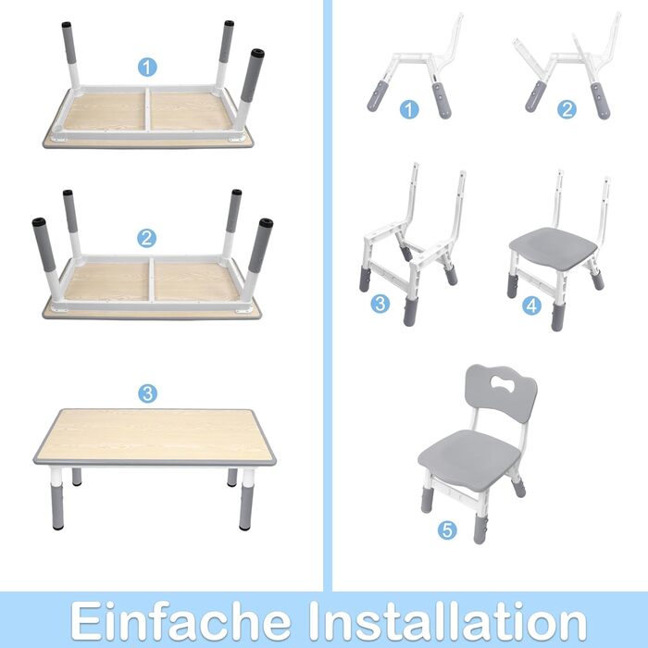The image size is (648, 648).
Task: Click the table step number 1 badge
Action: tap(147, 67)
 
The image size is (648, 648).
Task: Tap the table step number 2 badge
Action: tap(146, 238)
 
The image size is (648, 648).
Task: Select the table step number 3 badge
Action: tap(147, 393)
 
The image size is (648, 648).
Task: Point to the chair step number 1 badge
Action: tap(409, 109)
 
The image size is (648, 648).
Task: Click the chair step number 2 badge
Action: tap(567, 109)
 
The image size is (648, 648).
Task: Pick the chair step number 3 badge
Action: tap(380, 304)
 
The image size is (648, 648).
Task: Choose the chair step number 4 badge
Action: tap(531, 305)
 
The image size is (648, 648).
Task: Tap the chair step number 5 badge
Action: tap(447, 530)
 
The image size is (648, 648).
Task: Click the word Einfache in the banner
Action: tap(181, 621)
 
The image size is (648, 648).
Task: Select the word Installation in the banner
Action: tap(447, 621)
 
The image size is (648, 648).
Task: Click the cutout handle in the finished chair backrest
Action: tap(503, 384)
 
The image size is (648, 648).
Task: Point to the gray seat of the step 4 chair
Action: tap(553, 246)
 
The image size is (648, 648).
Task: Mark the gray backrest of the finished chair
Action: tap(501, 393)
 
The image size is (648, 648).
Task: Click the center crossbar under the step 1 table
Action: tap(147, 109)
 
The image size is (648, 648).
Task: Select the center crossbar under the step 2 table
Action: tap(152, 280)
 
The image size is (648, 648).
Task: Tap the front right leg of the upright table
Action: tap(247, 499)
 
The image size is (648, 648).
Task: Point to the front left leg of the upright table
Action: tap(57, 498)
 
